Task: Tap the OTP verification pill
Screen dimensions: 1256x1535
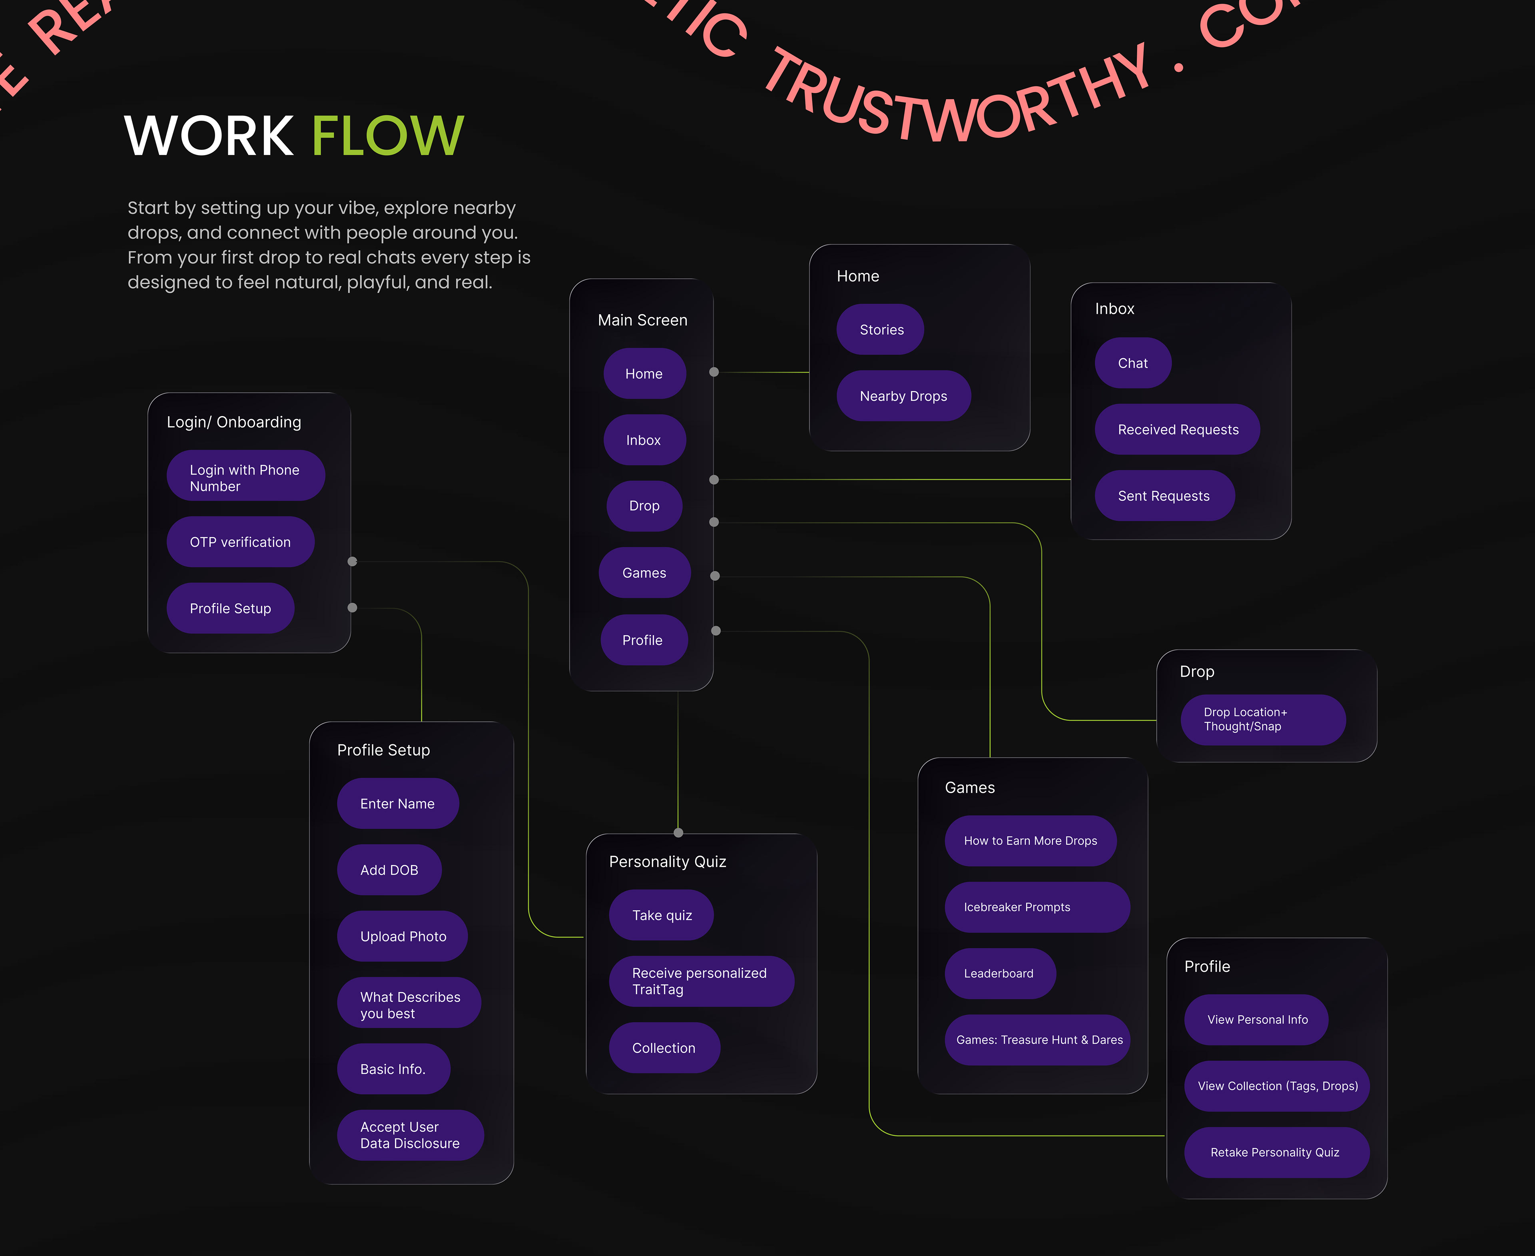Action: pyautogui.click(x=240, y=542)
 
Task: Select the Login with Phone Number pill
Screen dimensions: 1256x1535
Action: pyautogui.click(x=245, y=478)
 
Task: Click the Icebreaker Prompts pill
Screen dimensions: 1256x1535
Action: pyautogui.click(x=1036, y=907)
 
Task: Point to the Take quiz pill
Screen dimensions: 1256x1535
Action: pyautogui.click(x=661, y=916)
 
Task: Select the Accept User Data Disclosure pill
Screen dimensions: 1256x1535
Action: pyautogui.click(x=409, y=1135)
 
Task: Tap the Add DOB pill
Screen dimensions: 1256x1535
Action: pyautogui.click(x=389, y=870)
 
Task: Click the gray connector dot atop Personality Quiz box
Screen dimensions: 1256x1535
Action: pyautogui.click(x=678, y=833)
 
